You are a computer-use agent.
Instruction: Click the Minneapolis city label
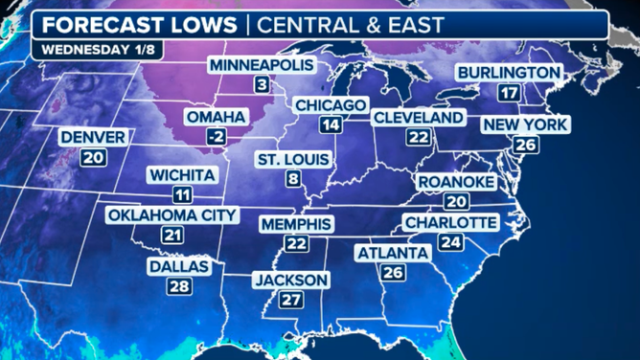(x=261, y=64)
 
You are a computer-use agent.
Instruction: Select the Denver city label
(x=93, y=138)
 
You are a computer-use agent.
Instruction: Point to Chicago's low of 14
(x=331, y=125)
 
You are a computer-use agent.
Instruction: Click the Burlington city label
(x=508, y=73)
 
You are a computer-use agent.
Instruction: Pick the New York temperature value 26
(x=524, y=145)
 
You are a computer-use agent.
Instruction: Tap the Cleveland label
(x=418, y=117)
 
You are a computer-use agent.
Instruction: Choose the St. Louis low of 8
(x=292, y=178)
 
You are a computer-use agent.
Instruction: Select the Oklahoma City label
(x=171, y=214)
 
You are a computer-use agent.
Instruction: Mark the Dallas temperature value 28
(x=178, y=286)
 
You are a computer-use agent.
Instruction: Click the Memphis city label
(x=296, y=224)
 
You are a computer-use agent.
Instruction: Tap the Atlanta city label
(x=392, y=253)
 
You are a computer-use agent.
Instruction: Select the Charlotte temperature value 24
(x=449, y=243)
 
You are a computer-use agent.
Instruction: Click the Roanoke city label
(x=455, y=182)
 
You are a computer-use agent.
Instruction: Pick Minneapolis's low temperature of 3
(x=260, y=85)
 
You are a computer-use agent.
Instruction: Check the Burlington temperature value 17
(x=509, y=93)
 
